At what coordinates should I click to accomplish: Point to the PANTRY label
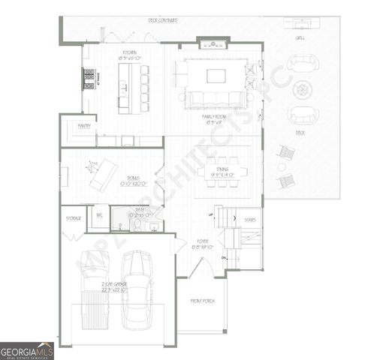pos(84,126)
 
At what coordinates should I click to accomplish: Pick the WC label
pos(98,214)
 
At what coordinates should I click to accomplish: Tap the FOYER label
pos(202,241)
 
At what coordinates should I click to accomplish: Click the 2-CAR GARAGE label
pos(115,285)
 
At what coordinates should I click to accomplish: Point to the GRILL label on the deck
pos(300,37)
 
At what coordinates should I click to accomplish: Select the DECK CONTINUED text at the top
pos(162,20)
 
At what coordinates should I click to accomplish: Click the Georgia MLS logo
pos(27,351)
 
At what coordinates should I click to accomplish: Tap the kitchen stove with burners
pos(89,78)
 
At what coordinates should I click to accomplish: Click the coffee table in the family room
pos(216,76)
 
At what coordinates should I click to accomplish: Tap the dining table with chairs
pos(222,170)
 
